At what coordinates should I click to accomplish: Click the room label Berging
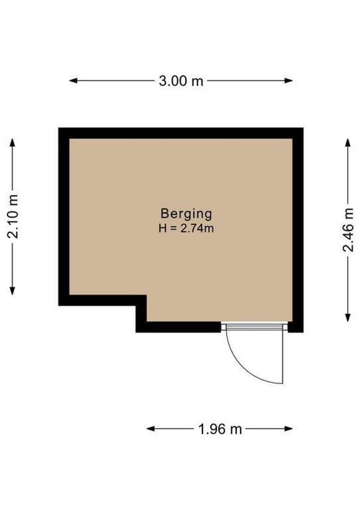186,214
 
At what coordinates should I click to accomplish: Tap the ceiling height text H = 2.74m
186,229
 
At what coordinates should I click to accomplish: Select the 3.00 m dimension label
181,81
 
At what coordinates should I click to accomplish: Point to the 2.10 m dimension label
13,216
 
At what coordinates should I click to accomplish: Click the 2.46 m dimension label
348,230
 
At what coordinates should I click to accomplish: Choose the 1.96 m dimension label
220,429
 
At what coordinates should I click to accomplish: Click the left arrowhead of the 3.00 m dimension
74,81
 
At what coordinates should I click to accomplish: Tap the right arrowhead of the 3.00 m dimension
288,81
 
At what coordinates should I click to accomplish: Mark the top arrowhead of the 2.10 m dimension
12,143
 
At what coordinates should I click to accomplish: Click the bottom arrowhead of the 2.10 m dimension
12,291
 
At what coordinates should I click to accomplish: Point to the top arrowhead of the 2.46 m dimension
348,143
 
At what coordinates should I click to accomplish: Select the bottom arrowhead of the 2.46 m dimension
348,318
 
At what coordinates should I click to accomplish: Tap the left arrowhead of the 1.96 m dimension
151,429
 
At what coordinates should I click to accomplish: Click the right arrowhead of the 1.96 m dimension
288,429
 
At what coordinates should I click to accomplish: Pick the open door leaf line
283,357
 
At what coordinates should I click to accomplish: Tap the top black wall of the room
181,133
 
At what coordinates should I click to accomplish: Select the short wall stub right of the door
295,327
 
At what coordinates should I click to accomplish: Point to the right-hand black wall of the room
298,230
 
